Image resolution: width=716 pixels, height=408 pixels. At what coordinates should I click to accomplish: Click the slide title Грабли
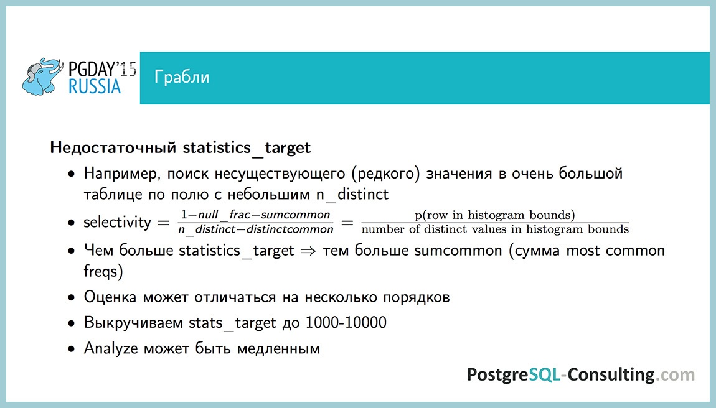click(x=182, y=78)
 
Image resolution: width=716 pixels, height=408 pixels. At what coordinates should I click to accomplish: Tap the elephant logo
click(x=43, y=77)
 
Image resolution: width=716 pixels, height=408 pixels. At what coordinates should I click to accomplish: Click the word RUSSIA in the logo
click(x=95, y=86)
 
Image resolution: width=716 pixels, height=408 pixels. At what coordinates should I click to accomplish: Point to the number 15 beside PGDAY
click(x=128, y=68)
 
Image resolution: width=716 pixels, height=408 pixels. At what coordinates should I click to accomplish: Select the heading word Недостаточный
click(x=114, y=149)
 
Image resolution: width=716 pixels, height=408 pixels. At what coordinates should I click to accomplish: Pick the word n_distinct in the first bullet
click(x=352, y=194)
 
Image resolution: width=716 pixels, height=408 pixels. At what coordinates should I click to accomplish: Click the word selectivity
click(x=118, y=223)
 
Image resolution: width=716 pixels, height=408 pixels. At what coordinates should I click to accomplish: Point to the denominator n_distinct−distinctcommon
click(x=255, y=229)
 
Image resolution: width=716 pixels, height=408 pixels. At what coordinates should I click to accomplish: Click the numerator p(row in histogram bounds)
click(x=494, y=215)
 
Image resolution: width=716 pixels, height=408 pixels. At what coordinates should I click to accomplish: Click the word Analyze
click(x=111, y=348)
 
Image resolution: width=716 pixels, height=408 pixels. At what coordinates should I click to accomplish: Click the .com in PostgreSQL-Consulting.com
click(x=676, y=374)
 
